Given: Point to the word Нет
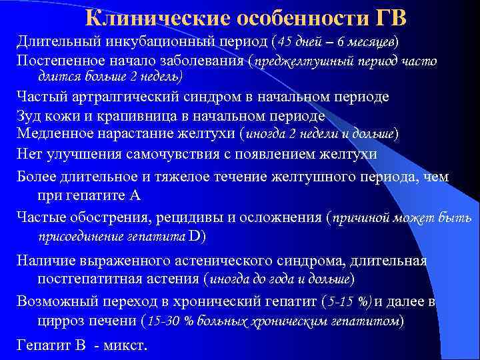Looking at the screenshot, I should coord(29,155).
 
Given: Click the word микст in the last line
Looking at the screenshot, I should coord(124,346).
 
